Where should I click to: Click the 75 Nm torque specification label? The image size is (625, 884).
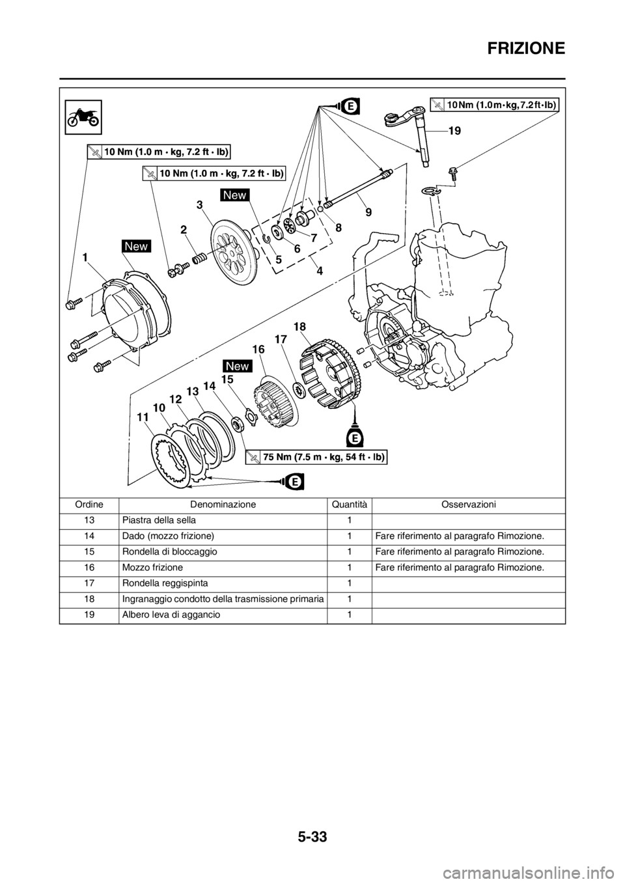317,457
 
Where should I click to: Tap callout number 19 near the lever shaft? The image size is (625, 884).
454,131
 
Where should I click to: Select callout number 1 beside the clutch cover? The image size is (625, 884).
85,257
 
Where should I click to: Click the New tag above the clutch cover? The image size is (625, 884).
136,246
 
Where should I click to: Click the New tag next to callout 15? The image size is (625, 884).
238,365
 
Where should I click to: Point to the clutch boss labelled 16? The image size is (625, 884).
273,398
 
